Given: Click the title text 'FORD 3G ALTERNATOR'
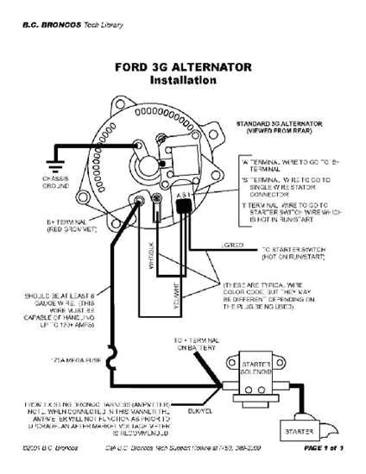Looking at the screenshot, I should pos(182,66).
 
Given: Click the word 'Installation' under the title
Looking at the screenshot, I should pos(182,80).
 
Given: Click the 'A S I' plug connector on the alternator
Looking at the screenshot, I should pos(183,200).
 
